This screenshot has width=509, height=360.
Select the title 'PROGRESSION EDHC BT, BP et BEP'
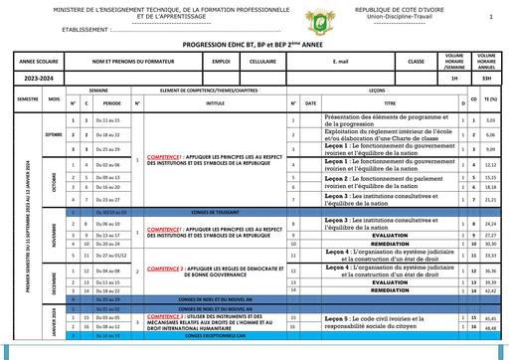[254, 46]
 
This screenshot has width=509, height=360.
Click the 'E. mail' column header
[327, 62]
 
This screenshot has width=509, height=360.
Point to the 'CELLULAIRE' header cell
[262, 62]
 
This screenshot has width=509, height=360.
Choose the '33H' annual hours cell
[486, 77]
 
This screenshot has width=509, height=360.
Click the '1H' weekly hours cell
[455, 77]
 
